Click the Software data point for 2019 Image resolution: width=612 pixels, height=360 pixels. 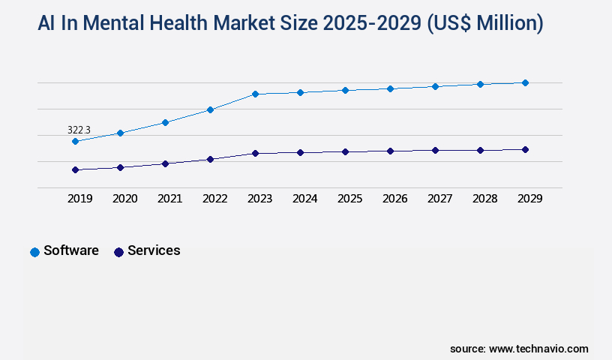point(75,141)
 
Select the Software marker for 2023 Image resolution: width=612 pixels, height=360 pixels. point(255,94)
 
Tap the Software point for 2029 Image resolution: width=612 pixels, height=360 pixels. point(525,82)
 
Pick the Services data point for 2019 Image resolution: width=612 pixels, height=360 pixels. point(75,169)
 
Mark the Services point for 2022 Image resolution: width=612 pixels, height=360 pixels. point(210,159)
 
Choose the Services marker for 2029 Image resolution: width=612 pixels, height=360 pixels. point(525,149)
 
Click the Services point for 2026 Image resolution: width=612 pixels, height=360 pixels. point(390,151)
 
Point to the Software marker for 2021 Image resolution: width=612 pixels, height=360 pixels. point(165,122)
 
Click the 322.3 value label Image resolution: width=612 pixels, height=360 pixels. point(79,130)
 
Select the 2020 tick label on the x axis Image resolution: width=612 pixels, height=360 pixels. point(124,199)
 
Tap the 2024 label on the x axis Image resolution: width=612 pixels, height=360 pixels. point(304,199)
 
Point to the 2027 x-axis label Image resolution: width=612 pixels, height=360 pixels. point(439,199)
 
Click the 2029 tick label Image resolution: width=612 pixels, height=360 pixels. point(529,199)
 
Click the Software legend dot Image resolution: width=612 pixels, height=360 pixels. point(34,252)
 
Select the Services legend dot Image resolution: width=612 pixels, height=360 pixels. point(118,252)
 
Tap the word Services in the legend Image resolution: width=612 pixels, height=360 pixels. point(154,250)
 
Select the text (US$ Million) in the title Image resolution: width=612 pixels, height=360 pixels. point(484,24)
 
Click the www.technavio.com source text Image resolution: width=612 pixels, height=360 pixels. point(538,349)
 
